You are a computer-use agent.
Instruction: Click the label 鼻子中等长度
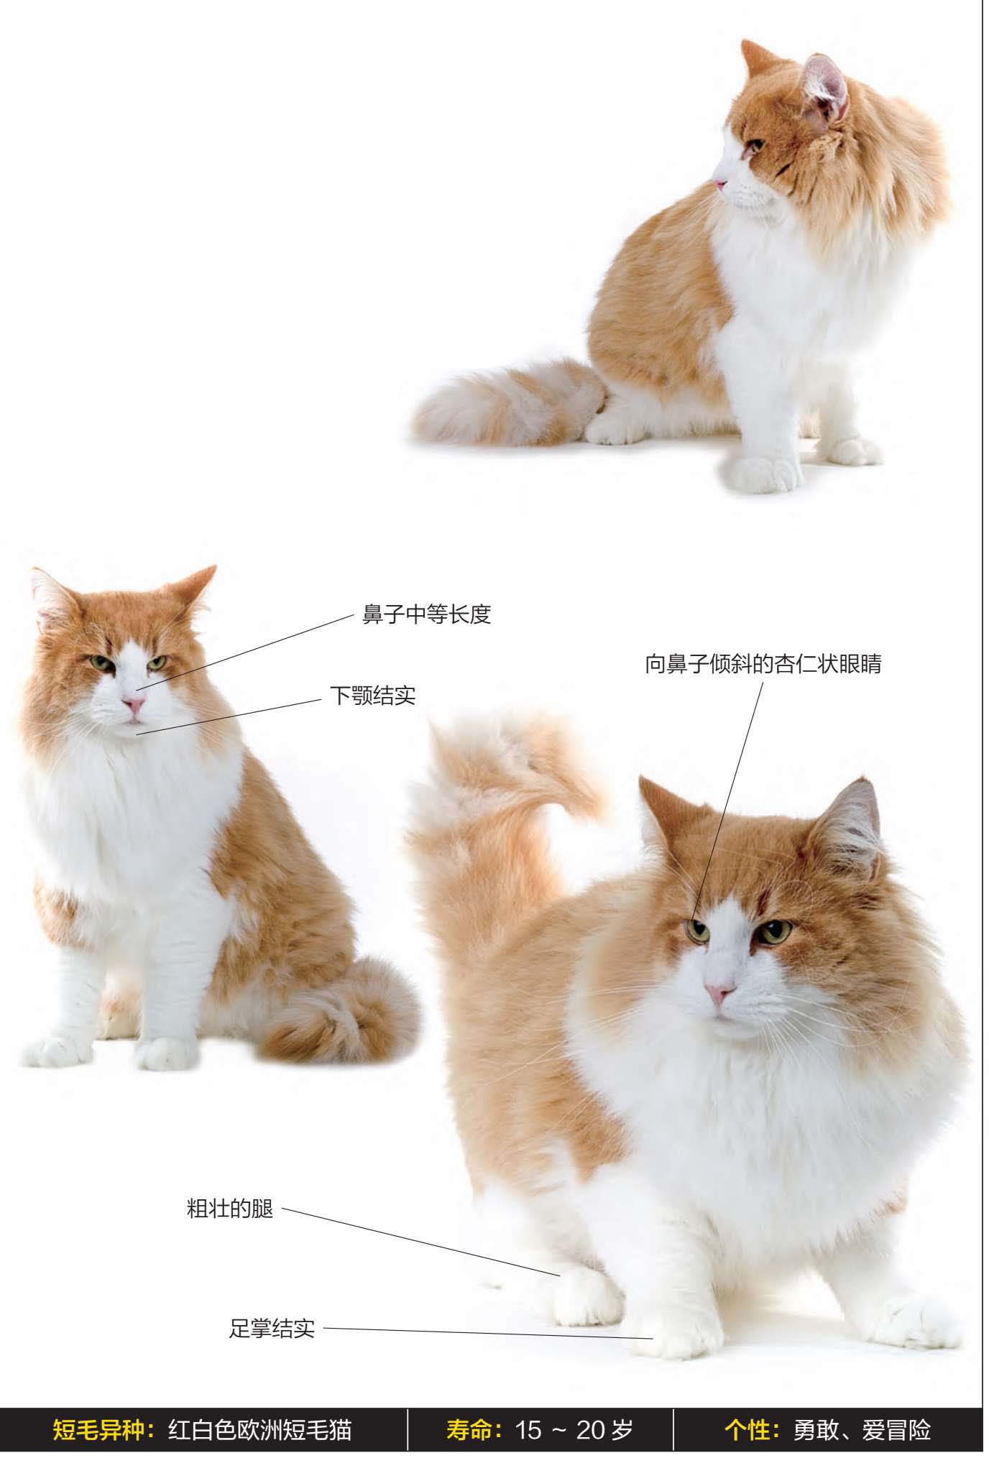(426, 615)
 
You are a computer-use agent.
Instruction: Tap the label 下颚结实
(372, 696)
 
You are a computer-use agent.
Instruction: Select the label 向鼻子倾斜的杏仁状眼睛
(763, 664)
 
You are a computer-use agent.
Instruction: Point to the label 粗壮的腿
(230, 1209)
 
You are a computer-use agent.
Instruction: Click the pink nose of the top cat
(719, 184)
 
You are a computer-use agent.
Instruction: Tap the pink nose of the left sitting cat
(132, 703)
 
